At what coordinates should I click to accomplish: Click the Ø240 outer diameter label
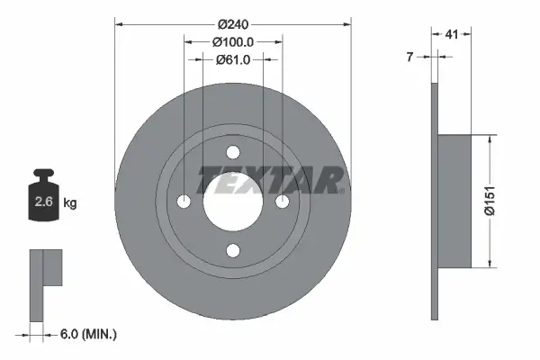[232, 24]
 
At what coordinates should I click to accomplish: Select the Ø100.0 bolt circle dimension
[232, 41]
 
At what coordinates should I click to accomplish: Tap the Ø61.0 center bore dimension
[232, 59]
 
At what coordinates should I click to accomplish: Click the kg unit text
[70, 203]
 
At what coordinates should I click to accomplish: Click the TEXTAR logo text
[270, 180]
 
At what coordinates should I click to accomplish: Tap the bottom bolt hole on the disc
[232, 249]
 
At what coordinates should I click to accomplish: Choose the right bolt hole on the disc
[281, 201]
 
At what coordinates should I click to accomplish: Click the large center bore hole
[232, 201]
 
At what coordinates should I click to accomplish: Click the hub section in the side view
[454, 201]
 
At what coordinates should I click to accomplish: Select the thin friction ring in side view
[434, 201]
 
